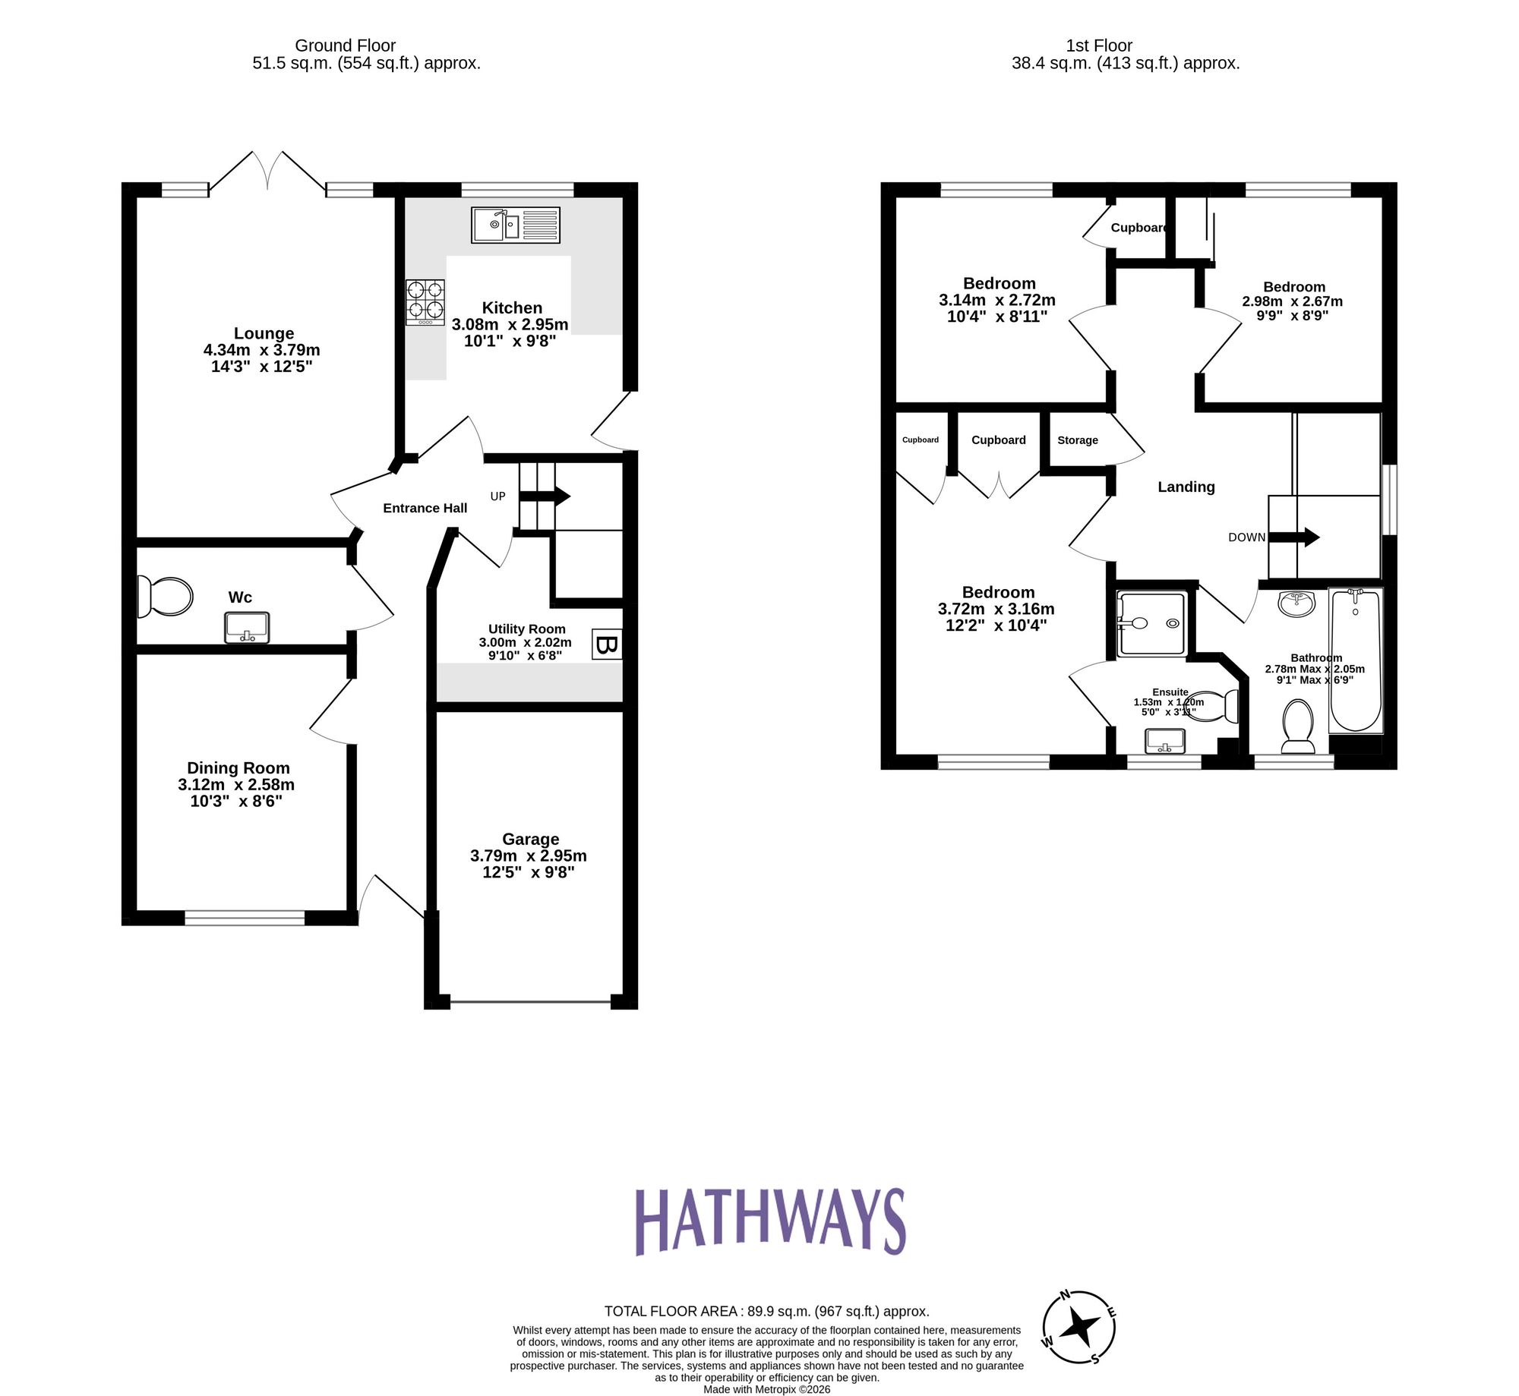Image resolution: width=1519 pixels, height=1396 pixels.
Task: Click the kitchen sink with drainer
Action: [515, 225]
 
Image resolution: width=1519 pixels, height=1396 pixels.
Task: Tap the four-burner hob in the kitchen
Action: [425, 301]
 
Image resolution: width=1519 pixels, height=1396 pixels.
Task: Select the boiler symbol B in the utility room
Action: [606, 644]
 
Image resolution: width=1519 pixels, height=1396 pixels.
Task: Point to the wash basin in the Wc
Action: [246, 628]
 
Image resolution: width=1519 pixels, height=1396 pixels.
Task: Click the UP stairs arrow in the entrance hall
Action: [545, 496]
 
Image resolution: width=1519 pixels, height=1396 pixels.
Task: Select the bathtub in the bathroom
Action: [1356, 659]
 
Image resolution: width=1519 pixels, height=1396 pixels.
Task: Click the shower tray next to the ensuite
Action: [1151, 623]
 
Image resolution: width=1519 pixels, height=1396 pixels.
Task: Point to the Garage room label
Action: [530, 839]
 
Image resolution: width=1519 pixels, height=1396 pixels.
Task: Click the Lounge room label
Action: [264, 333]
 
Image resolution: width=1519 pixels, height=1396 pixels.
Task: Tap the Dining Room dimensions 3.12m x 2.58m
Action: [236, 785]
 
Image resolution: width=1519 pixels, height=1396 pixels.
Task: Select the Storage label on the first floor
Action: [1077, 440]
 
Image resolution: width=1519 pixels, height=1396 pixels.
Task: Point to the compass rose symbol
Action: [1079, 1327]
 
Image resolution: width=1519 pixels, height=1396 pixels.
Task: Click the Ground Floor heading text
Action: [346, 46]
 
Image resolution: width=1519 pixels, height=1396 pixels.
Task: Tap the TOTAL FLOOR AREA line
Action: [766, 1311]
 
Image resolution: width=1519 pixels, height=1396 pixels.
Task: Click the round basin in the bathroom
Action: [1296, 604]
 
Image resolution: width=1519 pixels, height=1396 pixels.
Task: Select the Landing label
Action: [1186, 487]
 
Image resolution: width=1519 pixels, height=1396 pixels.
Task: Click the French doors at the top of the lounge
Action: [267, 172]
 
